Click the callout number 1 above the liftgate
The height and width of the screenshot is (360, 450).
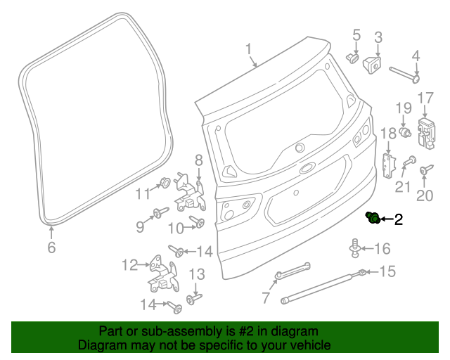[248, 49]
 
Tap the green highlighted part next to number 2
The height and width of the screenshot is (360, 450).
[373, 218]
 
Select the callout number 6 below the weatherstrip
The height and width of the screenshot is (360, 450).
[51, 247]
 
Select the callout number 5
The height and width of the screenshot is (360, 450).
[356, 34]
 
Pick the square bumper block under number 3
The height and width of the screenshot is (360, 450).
[371, 63]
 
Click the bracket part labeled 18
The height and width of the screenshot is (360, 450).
[386, 164]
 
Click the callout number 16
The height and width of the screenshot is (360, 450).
[382, 248]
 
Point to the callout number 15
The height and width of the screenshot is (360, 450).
[388, 271]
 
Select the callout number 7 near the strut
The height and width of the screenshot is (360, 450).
[265, 298]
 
